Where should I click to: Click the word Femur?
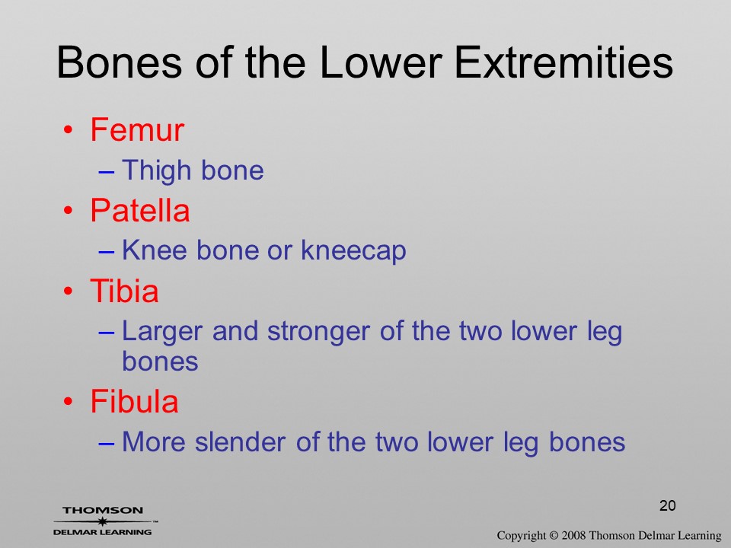click(x=137, y=129)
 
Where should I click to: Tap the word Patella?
click(x=140, y=210)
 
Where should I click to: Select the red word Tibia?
click(x=124, y=291)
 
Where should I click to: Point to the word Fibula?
click(x=134, y=401)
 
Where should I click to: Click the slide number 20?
click(x=668, y=505)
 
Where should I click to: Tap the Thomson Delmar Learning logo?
click(x=104, y=521)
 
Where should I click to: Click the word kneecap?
click(x=353, y=250)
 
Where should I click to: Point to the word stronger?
click(x=319, y=332)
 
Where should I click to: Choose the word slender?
click(x=240, y=441)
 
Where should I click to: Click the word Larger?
click(x=162, y=332)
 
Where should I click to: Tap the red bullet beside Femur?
click(x=69, y=129)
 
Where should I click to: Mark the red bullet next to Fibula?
click(x=69, y=401)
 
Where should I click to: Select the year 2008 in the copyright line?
click(x=573, y=535)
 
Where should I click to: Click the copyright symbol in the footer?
click(x=554, y=535)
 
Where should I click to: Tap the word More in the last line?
click(x=154, y=441)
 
